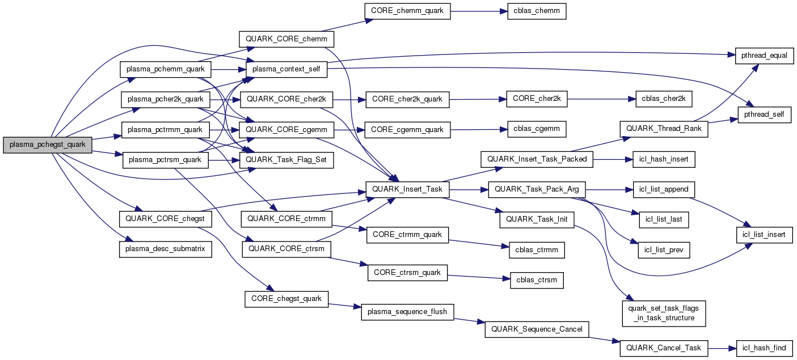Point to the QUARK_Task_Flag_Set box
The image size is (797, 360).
point(286,160)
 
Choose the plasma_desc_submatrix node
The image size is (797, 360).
point(165,249)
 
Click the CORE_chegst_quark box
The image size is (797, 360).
point(286,299)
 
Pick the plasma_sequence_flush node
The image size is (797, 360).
point(407,312)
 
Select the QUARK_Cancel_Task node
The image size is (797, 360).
point(664,348)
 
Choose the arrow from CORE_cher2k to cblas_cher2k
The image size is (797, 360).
point(602,99)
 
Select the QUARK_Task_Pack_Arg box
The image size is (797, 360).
point(537,189)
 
